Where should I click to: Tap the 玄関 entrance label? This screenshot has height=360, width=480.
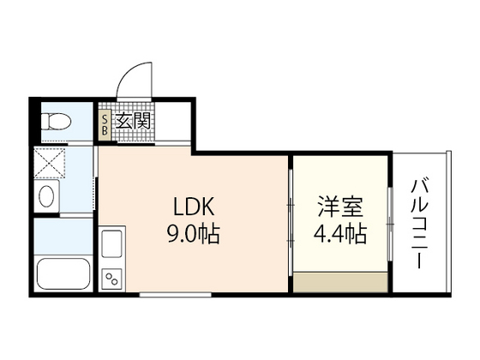point(134,122)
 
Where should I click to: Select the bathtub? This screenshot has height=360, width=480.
point(63,273)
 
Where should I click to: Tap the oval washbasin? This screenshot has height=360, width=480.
point(46,196)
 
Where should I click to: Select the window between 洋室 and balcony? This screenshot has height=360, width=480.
point(390,221)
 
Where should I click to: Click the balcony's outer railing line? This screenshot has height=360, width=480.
point(447,221)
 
